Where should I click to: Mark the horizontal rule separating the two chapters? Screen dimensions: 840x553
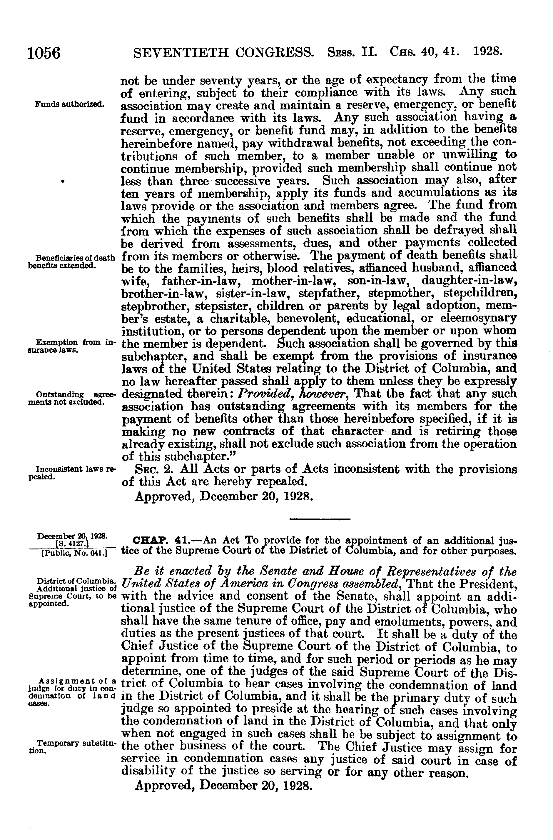click(319, 519)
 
